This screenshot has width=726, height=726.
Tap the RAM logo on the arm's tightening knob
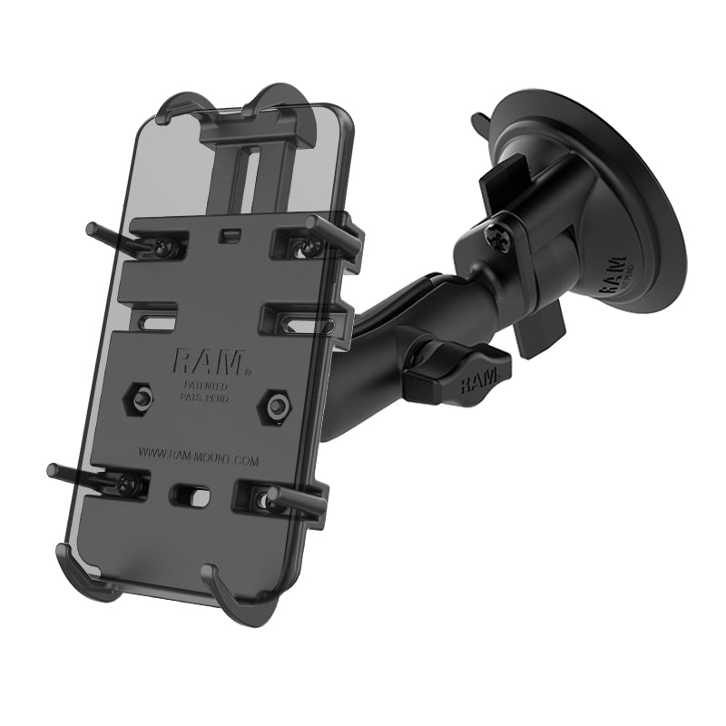coord(477,380)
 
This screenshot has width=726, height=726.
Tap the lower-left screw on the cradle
coord(131,484)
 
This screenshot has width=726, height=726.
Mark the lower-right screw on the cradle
coord(264,498)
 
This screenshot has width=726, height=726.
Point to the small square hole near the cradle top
coord(231,235)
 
